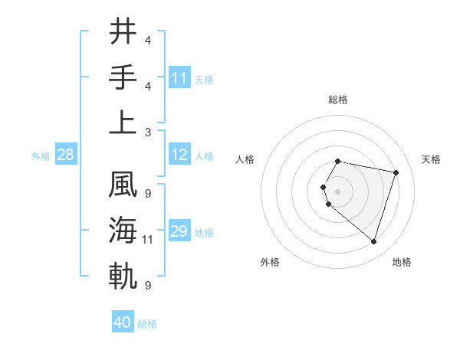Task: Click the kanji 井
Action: [123, 32]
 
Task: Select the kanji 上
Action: [123, 123]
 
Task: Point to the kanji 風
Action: [123, 185]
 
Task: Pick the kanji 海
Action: [123, 231]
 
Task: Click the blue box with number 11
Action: [179, 78]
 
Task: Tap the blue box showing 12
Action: [179, 155]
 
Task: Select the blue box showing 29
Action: [179, 231]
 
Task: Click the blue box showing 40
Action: [123, 322]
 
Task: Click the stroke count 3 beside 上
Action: [148, 132]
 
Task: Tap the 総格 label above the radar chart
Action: [337, 100]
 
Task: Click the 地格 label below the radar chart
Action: [402, 262]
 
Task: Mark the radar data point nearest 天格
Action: [396, 172]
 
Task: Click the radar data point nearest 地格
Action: [373, 242]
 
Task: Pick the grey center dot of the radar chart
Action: [338, 191]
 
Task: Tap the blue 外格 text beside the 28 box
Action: [41, 155]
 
